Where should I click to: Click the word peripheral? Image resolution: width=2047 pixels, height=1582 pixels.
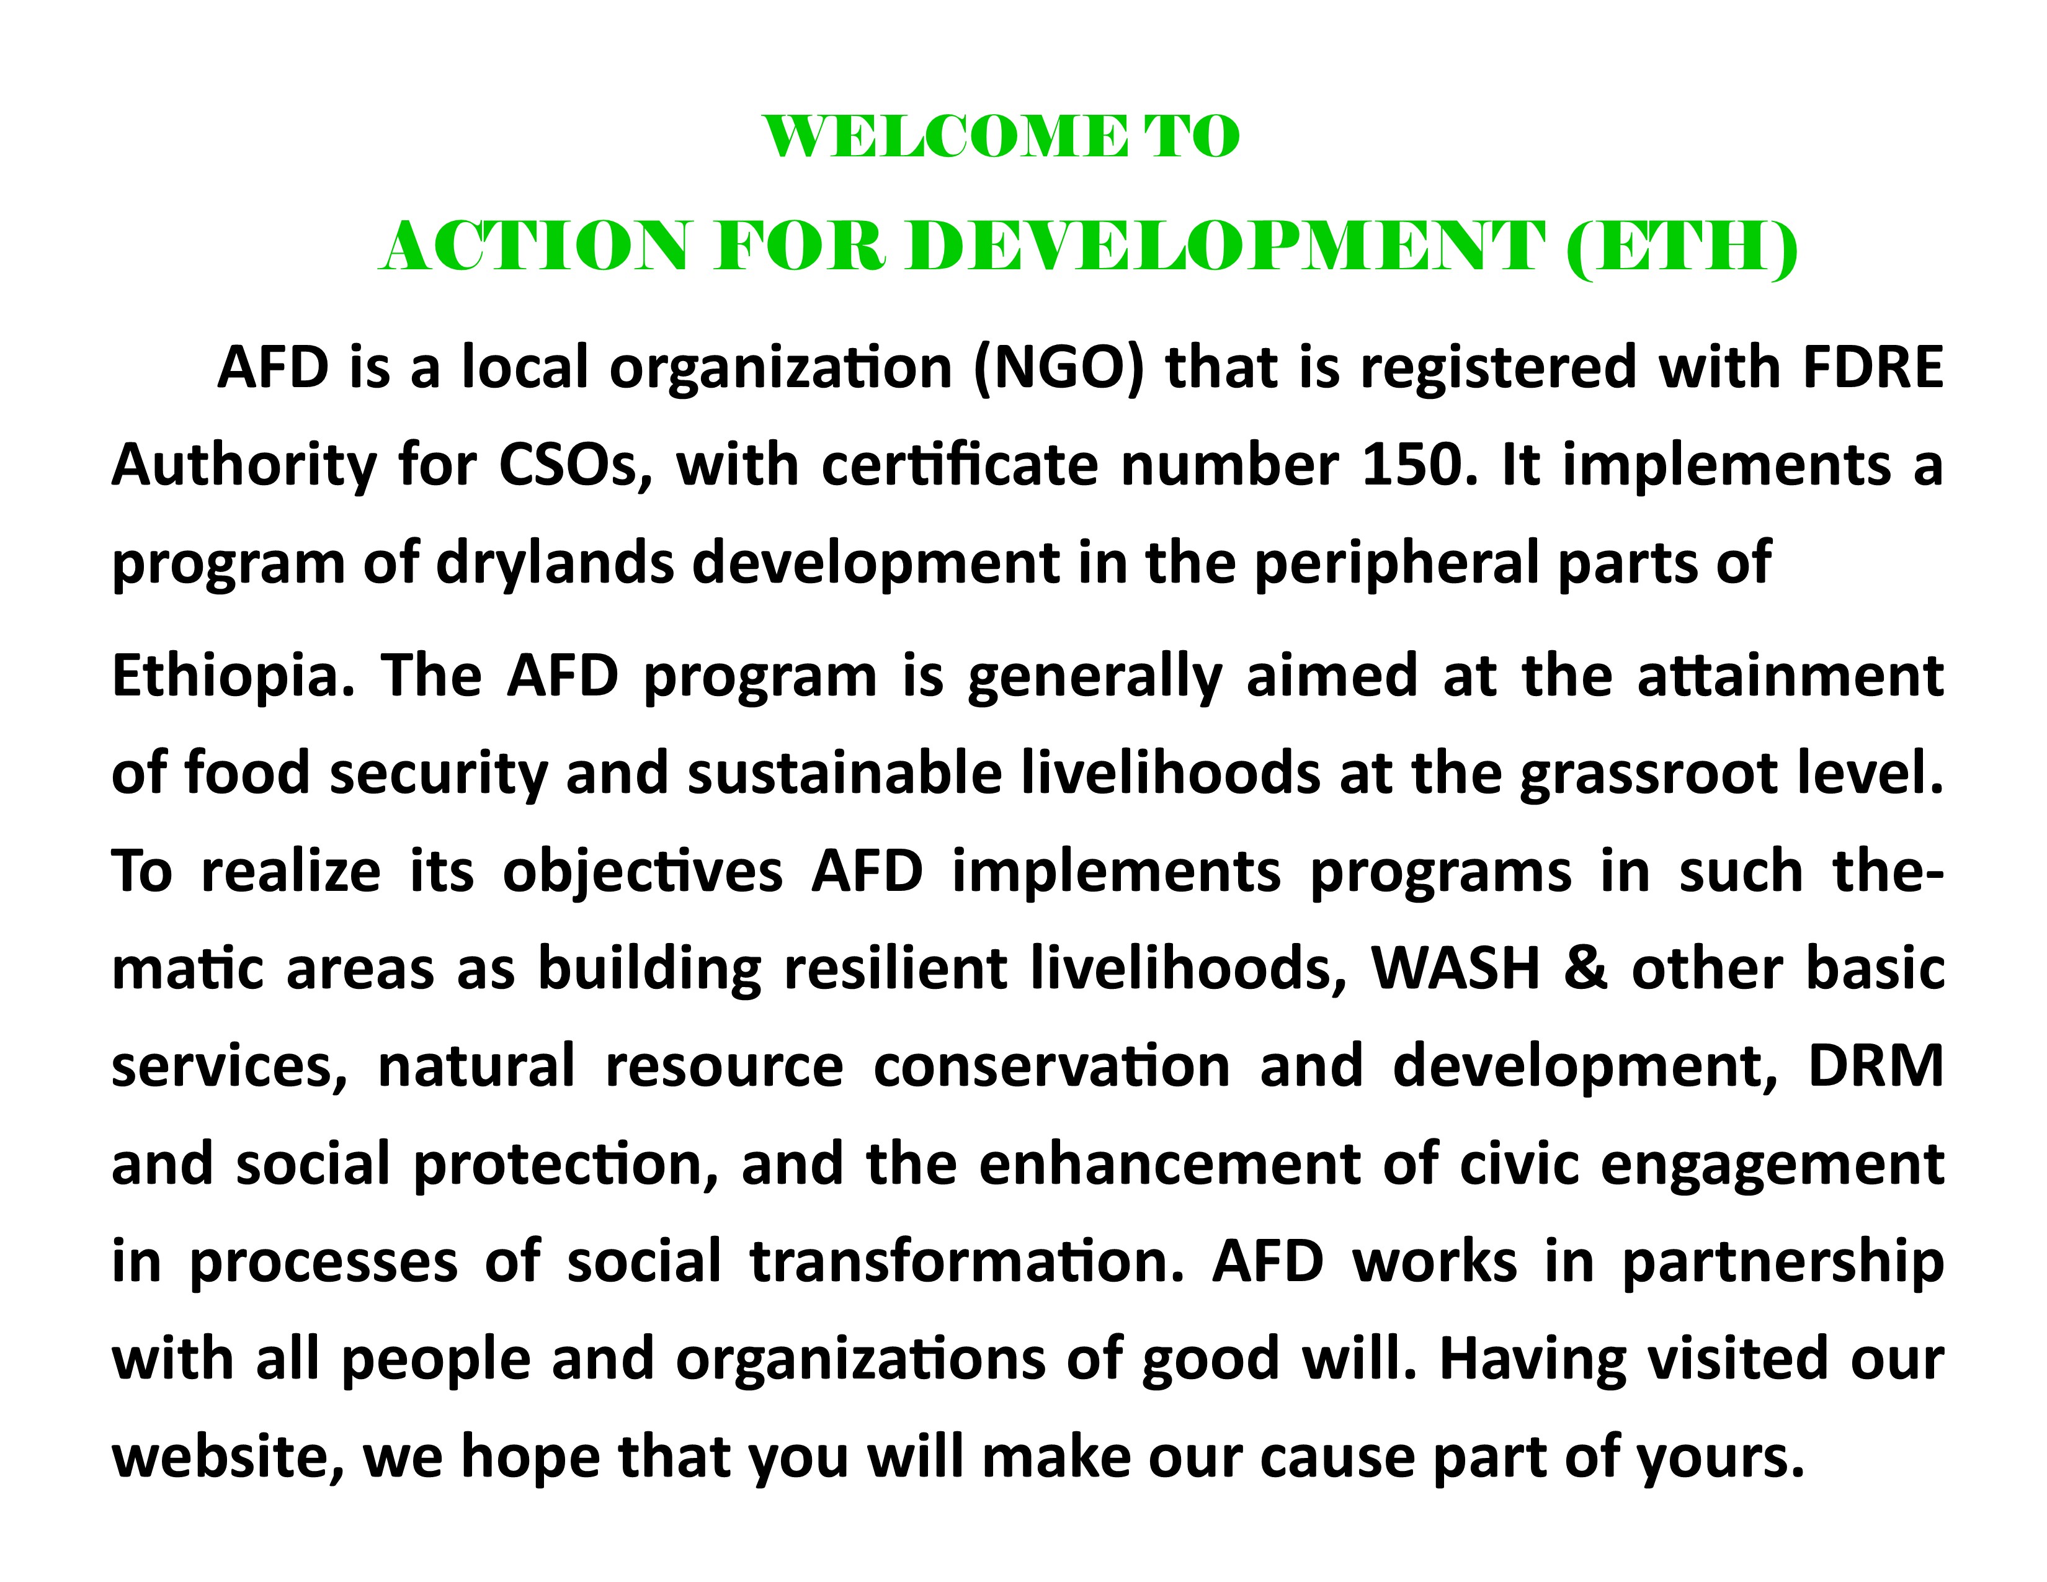coord(1394,564)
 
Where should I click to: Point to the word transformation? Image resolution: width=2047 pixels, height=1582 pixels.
coord(961,1261)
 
